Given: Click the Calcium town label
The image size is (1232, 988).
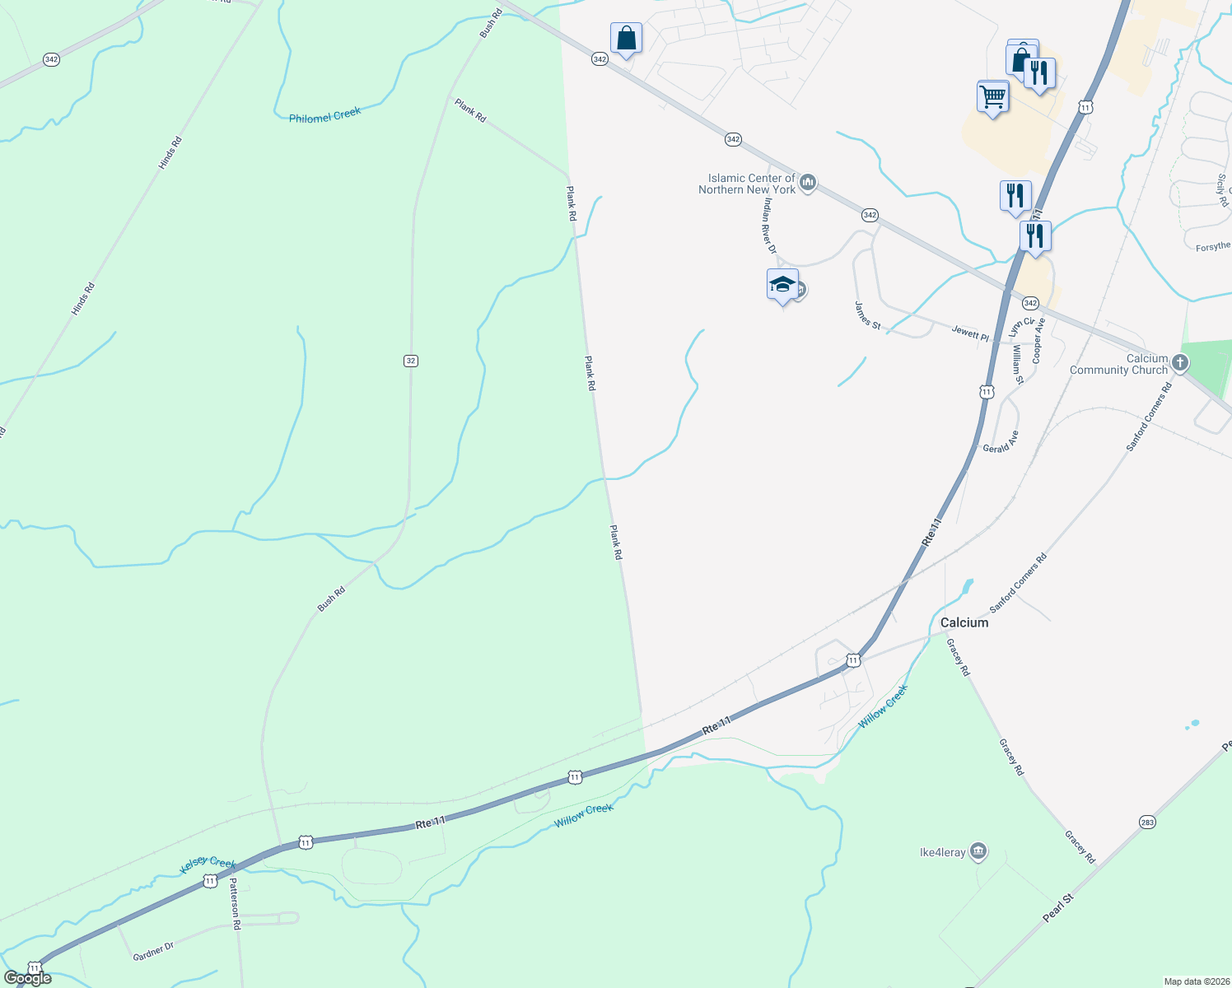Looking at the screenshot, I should [x=964, y=622].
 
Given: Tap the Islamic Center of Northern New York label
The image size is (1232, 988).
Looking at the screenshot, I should [x=747, y=184].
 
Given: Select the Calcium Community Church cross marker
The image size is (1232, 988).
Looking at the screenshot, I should [x=1180, y=362].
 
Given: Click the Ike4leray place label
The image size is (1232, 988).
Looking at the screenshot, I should [x=942, y=852].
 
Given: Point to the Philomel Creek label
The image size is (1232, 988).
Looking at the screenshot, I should [x=324, y=116].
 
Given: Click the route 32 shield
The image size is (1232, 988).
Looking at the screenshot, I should [x=411, y=361].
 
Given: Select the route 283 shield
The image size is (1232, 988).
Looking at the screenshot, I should [x=1148, y=823].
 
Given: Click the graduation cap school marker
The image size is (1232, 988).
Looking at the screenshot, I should [x=782, y=285].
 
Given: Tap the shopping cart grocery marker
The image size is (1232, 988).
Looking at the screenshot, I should [x=992, y=96].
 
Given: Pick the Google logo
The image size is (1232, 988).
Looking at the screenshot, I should [x=27, y=978].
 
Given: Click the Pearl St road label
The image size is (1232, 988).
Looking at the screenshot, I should [x=1058, y=912].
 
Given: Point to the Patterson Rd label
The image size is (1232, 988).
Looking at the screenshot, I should [x=235, y=903].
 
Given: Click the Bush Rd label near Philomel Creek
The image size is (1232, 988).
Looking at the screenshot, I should [x=491, y=24].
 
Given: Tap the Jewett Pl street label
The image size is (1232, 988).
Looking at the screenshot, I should [x=970, y=333].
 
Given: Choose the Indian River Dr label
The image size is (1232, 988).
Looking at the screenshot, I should [x=769, y=225].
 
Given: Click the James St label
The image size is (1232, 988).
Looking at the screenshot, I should [x=867, y=316].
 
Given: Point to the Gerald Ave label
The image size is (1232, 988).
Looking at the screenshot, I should [x=1001, y=443].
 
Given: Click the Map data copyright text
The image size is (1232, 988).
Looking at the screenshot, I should [x=1196, y=981].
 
